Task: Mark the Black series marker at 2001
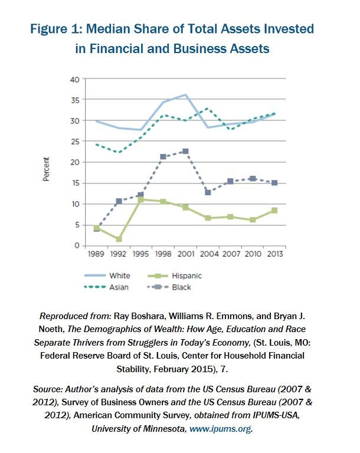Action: (186, 152)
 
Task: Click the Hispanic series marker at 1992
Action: (119, 239)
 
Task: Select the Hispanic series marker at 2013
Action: (274, 210)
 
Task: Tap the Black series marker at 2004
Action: (208, 192)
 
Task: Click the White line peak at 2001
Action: (186, 95)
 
